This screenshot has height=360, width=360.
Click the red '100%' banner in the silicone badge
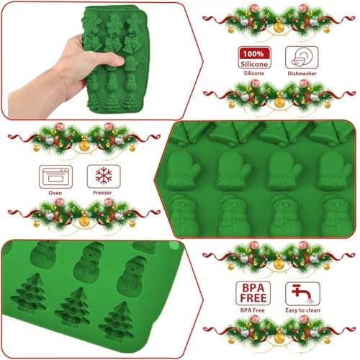tap(254, 53)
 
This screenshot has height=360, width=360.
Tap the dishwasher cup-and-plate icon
tap(302, 58)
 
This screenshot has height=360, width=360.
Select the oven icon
tap(55, 176)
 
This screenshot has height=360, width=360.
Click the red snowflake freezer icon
tap(104, 176)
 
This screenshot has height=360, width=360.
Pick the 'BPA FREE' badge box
tap(253, 293)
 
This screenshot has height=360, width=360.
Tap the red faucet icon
tap(302, 293)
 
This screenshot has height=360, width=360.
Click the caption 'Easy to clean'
tap(302, 310)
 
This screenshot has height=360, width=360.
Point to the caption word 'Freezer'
tap(102, 193)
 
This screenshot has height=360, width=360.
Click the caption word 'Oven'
tap(55, 193)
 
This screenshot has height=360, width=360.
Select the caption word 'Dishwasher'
tap(302, 73)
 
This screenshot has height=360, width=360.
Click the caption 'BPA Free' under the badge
tap(253, 310)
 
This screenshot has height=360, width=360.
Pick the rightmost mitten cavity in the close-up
tap(336, 171)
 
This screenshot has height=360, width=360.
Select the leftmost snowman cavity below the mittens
tap(184, 215)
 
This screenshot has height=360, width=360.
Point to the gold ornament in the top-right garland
tap(279, 27)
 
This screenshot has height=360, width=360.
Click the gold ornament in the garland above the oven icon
tap(84, 145)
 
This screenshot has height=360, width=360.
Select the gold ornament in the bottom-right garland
tap(279, 338)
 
